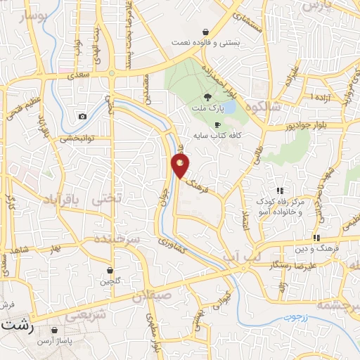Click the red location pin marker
click(x=181, y=166)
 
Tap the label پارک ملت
click(x=207, y=110)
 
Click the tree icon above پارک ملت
click(x=207, y=97)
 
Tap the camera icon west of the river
click(x=83, y=116)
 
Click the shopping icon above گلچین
click(x=110, y=270)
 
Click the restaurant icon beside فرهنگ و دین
click(x=316, y=237)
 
